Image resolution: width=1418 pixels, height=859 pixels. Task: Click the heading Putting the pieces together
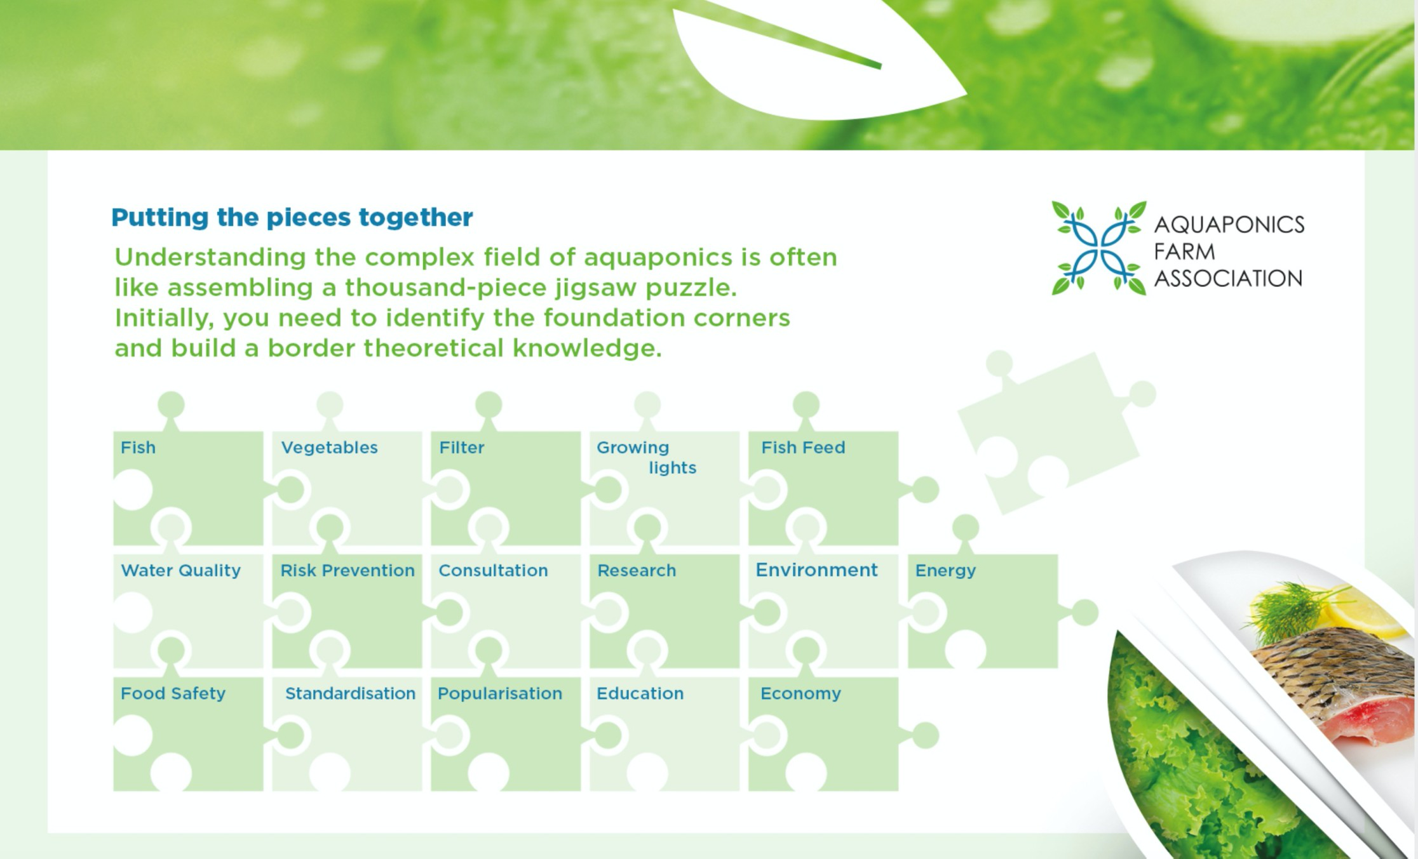tap(292, 218)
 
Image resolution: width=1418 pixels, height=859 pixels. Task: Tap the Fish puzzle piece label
tap(138, 448)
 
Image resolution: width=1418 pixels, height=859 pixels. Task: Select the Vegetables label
tap(329, 448)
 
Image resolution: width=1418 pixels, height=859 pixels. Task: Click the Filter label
tap(462, 448)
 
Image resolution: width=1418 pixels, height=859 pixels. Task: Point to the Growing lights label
tap(646, 458)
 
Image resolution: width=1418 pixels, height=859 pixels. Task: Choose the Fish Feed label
tap(803, 448)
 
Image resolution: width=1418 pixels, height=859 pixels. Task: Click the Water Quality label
tap(181, 571)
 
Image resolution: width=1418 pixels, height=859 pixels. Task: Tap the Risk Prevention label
tap(348, 571)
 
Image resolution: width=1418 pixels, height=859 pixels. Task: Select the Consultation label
tap(493, 571)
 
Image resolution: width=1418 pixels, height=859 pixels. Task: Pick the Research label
tap(637, 571)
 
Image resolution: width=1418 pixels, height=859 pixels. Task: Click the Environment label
tap(816, 570)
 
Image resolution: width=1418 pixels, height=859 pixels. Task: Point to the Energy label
tap(945, 571)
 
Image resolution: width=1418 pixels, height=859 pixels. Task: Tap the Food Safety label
tap(173, 693)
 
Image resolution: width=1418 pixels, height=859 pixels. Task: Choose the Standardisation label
tap(350, 693)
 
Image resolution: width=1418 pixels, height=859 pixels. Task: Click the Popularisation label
tap(500, 693)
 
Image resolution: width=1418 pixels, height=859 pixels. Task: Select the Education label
tap(640, 693)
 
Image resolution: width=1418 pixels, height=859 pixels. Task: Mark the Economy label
tap(800, 693)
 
